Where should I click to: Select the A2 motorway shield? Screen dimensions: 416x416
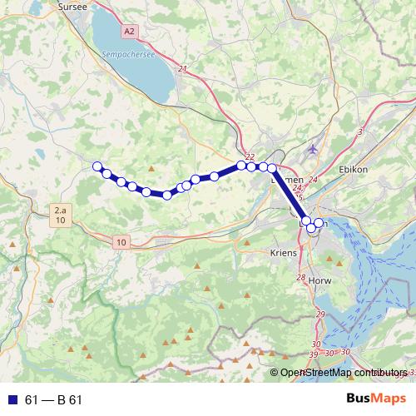coord(128,31)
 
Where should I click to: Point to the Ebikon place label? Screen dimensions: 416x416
coord(354,169)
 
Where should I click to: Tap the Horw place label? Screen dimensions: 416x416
coord(319,280)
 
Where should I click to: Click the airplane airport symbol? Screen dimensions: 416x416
coord(312,149)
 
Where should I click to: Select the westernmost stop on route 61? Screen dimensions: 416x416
coord(97,166)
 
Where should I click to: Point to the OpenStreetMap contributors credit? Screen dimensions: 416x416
coord(344,373)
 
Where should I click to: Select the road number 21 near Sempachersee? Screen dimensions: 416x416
coord(182,69)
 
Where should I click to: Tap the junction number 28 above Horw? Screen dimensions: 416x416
coord(300,277)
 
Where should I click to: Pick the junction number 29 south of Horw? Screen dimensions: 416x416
coord(321,314)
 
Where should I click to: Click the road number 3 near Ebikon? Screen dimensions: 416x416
coord(360,131)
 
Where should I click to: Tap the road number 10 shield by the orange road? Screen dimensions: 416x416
coord(122,242)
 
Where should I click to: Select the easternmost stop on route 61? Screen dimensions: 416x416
coord(319,223)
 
